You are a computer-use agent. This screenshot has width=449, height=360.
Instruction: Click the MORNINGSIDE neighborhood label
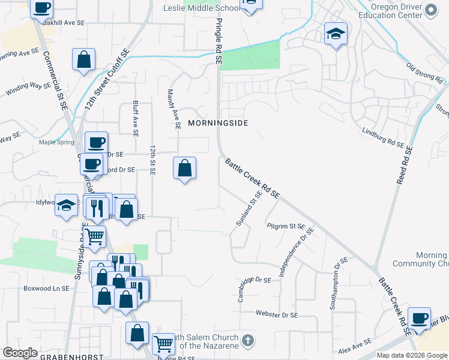coord(218,122)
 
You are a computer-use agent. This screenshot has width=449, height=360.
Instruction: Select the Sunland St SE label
coord(249,208)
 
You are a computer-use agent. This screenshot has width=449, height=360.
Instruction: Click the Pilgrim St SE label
coord(286,226)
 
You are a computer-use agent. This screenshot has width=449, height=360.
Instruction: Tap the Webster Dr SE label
coord(277,314)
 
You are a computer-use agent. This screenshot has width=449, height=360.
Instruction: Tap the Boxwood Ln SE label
coord(46,288)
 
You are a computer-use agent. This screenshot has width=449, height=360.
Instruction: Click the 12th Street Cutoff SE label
coord(107,79)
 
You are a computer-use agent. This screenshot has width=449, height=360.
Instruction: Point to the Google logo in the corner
coord(20,352)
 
